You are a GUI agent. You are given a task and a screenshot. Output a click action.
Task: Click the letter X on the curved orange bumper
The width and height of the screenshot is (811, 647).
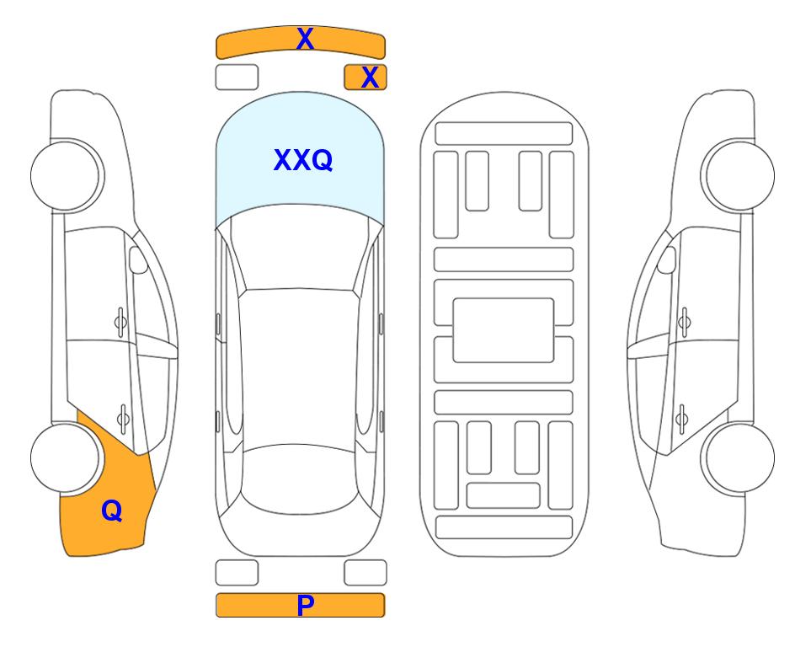305,39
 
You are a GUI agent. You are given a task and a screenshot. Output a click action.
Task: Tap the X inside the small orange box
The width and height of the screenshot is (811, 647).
370,78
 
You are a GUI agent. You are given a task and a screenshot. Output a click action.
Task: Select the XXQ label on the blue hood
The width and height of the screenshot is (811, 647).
303,160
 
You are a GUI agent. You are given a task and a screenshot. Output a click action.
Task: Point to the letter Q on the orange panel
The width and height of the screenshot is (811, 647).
112,511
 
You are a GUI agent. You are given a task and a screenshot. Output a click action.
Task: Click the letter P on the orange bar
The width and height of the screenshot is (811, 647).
305,605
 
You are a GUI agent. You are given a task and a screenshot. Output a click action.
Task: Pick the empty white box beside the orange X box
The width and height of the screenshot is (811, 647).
237,78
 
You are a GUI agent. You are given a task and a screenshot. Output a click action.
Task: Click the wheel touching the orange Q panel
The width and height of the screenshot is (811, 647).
66,457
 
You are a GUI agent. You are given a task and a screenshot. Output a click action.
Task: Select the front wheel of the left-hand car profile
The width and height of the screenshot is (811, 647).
66,175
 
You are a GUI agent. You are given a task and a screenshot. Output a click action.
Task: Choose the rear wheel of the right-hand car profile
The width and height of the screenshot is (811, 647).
739,457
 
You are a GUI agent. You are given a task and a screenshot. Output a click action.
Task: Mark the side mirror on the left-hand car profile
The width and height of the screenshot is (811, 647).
137,259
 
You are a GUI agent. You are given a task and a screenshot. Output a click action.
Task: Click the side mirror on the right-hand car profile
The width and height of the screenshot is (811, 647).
667,259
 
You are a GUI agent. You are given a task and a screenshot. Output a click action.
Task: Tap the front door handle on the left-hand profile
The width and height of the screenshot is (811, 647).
120,323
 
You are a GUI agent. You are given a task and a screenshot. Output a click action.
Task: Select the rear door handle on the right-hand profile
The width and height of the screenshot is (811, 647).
682,419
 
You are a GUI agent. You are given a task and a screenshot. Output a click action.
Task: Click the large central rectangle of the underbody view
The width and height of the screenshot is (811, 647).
504,330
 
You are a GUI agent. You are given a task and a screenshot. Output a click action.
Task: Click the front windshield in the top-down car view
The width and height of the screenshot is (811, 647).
300,248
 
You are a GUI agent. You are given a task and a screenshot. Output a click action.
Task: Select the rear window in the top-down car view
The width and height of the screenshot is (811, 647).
300,479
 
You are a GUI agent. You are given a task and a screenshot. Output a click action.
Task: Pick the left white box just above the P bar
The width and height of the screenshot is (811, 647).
237,573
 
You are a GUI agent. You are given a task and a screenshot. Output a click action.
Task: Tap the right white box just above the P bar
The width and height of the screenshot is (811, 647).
365,573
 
